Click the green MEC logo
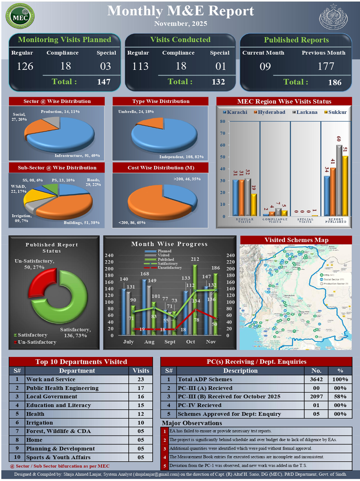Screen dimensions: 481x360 click(20, 16)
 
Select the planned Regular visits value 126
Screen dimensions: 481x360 click(25, 66)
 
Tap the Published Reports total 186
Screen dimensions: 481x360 click(335, 82)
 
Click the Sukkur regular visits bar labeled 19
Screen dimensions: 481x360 click(254, 205)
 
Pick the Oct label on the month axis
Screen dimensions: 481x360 click(191, 342)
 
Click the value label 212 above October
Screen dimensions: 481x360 click(195, 259)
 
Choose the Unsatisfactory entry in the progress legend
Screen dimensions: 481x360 click(169, 268)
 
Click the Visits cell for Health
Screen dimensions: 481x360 click(141, 414)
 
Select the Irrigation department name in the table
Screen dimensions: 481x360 click(39, 423)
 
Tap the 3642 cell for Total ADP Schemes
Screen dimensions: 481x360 click(316, 379)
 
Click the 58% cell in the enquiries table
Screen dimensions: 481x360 click(340, 397)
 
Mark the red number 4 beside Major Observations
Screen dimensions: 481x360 click(165, 457)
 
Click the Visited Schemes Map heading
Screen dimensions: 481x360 click(296, 240)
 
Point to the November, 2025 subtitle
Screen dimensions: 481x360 click(181, 23)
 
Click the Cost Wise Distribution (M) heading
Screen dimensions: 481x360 click(161, 168)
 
